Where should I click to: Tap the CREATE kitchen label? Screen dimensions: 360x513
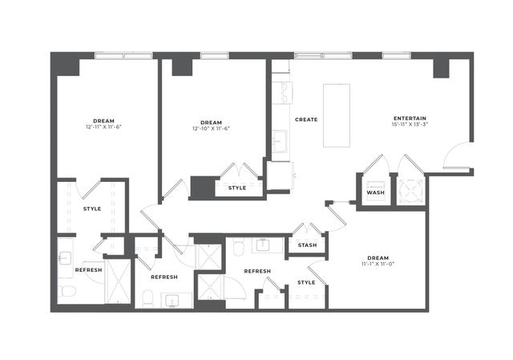coord(306,119)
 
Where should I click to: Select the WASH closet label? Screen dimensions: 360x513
coord(375,192)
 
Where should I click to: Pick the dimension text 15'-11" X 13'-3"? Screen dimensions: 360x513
coord(398,125)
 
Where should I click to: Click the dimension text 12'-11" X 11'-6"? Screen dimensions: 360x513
coord(108,127)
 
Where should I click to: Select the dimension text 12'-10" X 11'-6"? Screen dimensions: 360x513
coord(212,127)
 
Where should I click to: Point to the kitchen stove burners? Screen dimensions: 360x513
coord(281,90)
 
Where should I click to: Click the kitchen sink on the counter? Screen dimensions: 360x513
coord(281,142)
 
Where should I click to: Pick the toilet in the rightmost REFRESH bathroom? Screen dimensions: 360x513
coord(239,249)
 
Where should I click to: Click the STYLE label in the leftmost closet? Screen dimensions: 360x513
coord(92,208)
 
